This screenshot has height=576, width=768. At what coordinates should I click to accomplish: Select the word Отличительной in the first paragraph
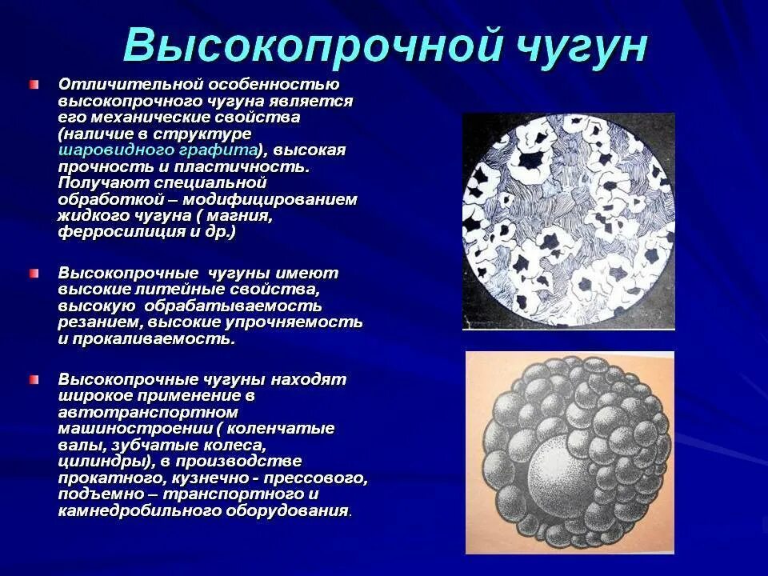pyautogui.click(x=130, y=85)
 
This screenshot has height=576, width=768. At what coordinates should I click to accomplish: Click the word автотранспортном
pyautogui.click(x=148, y=413)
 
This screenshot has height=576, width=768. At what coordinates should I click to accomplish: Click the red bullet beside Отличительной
pyautogui.click(x=34, y=85)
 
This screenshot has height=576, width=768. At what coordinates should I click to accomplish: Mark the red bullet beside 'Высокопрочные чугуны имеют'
pyautogui.click(x=34, y=274)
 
